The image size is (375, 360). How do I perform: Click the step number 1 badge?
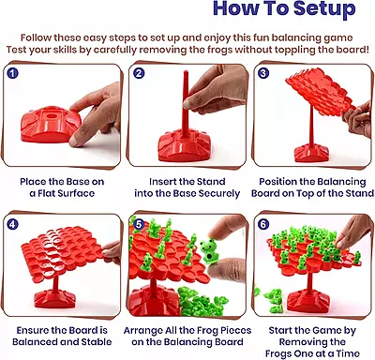tap(13, 72)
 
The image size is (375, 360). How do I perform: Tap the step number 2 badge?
tap(138, 72)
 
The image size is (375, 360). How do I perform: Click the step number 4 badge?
tap(13, 223)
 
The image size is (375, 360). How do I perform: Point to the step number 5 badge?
tap(138, 223)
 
